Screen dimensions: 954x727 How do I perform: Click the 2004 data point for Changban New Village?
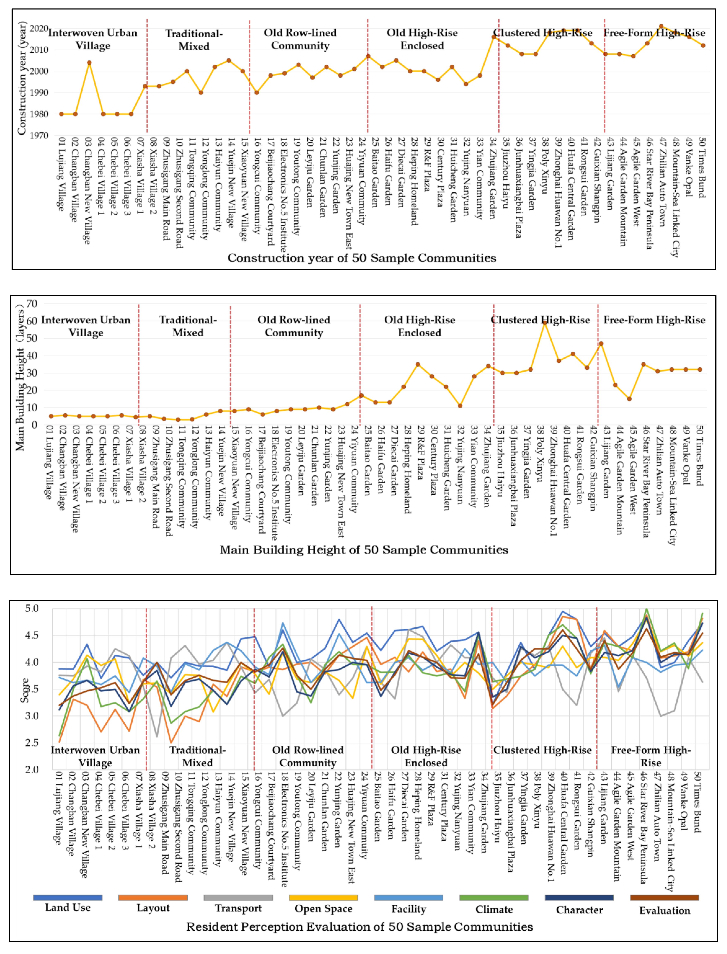tap(89, 63)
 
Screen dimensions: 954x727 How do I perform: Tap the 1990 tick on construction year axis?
tap(39, 92)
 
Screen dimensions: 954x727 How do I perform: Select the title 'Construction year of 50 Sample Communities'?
tap(362, 258)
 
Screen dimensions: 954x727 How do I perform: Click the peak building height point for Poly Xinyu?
tap(545, 323)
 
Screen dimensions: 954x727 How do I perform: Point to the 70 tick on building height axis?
tap(32, 304)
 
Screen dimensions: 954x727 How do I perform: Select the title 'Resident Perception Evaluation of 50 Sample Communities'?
tap(359, 927)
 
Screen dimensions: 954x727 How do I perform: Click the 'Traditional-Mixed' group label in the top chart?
tap(194, 40)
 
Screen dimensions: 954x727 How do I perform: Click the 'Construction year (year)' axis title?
tap(22, 78)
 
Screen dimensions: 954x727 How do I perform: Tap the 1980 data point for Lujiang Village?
tap(61, 114)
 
